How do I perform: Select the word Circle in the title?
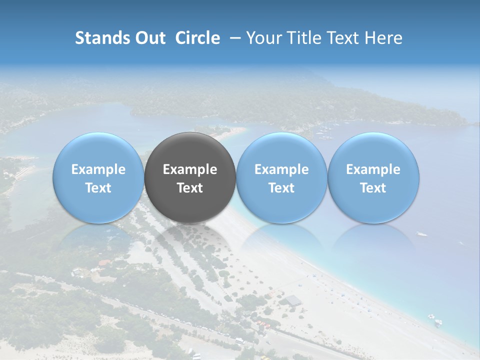point(197,38)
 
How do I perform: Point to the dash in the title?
point(233,38)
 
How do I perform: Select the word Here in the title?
point(383,38)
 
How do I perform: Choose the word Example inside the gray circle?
point(190,169)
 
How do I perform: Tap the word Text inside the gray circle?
point(190,188)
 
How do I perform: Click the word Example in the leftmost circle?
point(98,169)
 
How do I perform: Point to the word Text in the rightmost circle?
point(373,188)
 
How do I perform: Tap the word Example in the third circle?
point(281,169)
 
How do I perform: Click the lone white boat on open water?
point(422,233)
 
